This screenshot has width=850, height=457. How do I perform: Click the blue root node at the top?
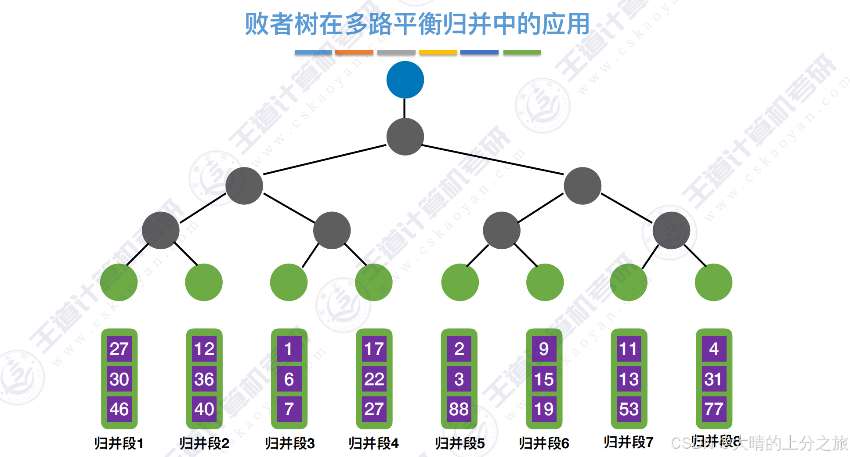[x=405, y=80]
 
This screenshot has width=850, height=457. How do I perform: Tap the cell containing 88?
[x=459, y=409]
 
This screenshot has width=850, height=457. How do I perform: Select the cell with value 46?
[x=119, y=409]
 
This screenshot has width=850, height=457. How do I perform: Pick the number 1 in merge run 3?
[x=289, y=349]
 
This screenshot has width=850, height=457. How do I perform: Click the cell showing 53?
[x=629, y=409]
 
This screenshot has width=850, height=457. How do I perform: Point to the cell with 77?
[x=714, y=409]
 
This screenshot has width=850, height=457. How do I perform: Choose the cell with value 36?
[x=204, y=379]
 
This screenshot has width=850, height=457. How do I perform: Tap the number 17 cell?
[x=374, y=349]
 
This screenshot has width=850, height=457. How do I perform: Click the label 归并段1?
[x=119, y=443]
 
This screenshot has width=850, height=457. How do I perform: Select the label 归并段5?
[x=459, y=443]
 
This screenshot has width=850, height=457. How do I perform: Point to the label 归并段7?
[x=628, y=442]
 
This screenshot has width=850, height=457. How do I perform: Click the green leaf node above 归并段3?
[x=289, y=282]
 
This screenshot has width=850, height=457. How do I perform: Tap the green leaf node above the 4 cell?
[x=713, y=282]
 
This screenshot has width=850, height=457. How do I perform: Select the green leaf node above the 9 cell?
[x=545, y=282]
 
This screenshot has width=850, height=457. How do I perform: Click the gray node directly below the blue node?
[x=405, y=136]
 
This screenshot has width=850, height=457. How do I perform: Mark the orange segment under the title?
[x=354, y=52]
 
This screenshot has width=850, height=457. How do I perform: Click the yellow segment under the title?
[x=438, y=52]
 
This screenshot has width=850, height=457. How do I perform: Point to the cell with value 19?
[x=544, y=409]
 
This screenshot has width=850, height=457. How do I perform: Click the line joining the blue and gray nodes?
[x=405, y=108]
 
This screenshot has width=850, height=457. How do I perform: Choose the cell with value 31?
[x=714, y=379]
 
